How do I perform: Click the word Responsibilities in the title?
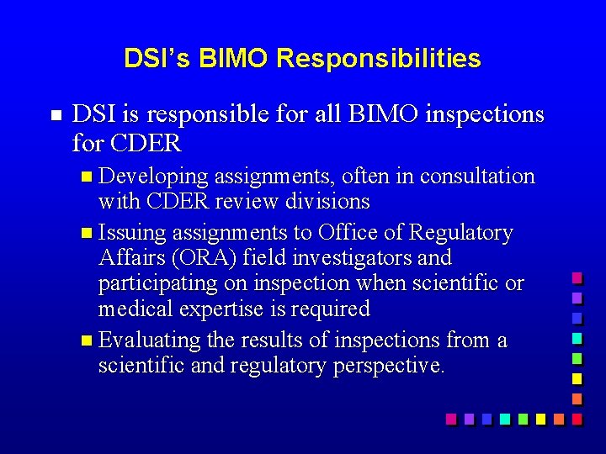click(378, 59)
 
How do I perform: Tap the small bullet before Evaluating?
click(90, 341)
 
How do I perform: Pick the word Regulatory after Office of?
click(460, 233)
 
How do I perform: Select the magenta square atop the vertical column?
click(577, 278)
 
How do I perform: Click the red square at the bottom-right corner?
click(577, 419)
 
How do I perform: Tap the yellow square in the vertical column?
click(577, 378)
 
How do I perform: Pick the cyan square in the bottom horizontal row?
click(504, 419)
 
